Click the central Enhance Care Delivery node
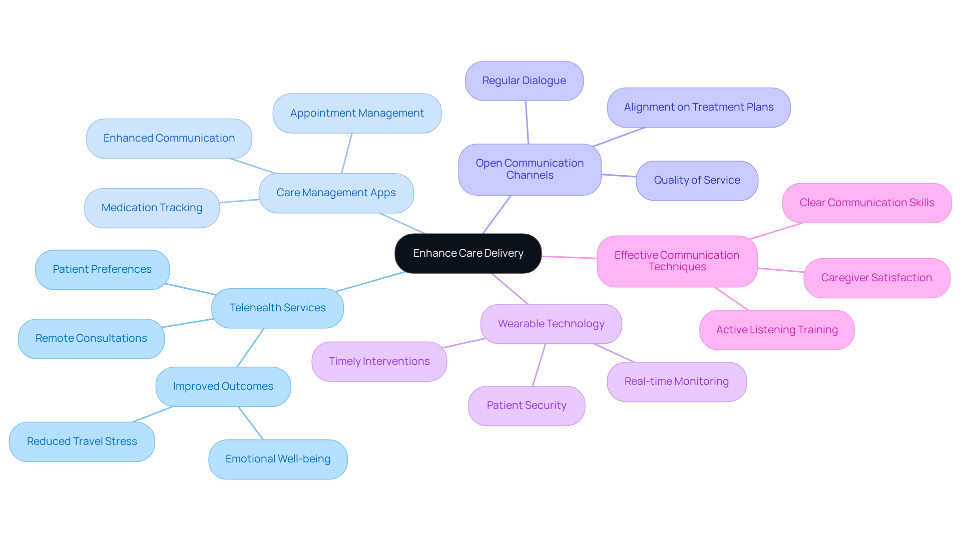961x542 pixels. click(468, 253)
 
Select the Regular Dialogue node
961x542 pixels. click(524, 81)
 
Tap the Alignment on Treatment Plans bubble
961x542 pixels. click(698, 107)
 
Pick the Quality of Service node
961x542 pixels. click(697, 180)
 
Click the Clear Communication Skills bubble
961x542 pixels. click(866, 203)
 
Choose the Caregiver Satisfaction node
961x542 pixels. click(876, 278)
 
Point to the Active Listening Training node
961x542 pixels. click(776, 330)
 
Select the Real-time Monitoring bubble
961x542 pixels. click(676, 381)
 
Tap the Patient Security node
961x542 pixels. click(526, 405)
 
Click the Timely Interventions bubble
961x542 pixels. click(379, 361)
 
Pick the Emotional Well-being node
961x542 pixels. click(278, 459)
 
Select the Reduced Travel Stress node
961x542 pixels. click(82, 441)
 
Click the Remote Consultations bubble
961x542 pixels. click(91, 338)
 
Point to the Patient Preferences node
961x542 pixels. click(102, 269)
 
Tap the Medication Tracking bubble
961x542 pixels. click(152, 208)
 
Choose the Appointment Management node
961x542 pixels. click(357, 113)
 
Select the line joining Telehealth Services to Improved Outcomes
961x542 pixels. click(250, 348)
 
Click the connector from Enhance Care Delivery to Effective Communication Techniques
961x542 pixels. click(569, 257)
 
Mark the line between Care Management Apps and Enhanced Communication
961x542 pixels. click(253, 166)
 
